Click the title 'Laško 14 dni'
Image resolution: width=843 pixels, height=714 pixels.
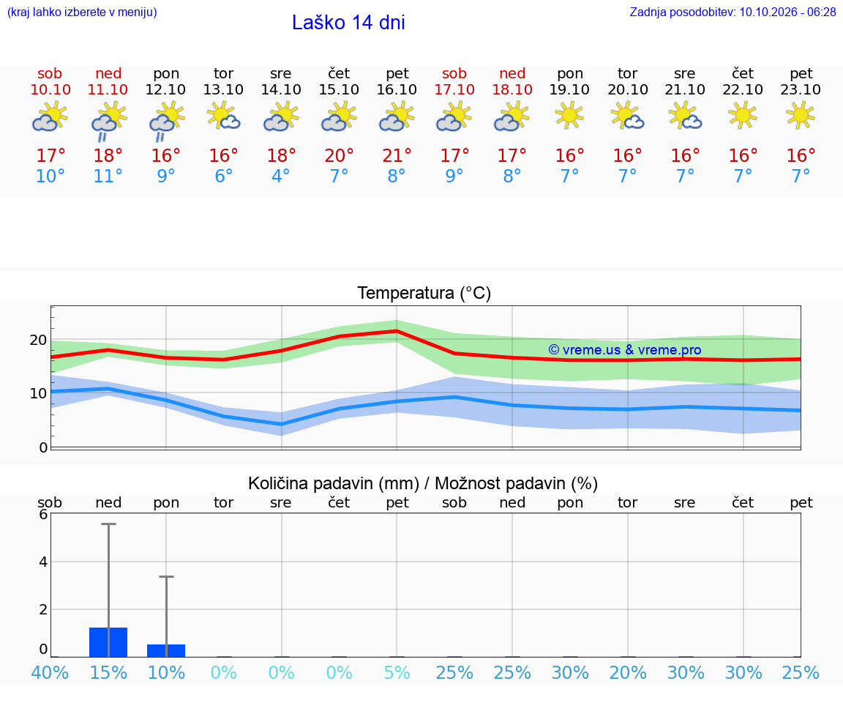[x=348, y=23]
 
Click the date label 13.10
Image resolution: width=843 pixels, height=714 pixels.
[x=223, y=89]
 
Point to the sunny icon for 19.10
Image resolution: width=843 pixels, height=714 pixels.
[x=569, y=116]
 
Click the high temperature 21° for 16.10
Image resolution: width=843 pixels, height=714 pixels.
[x=397, y=155]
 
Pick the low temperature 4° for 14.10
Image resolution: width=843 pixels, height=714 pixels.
[x=281, y=176]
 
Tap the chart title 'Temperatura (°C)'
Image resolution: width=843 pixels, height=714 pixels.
[x=424, y=293]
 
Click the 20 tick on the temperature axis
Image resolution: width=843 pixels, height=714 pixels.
[x=39, y=340]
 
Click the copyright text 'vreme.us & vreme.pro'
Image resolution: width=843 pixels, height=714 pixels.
[x=632, y=350]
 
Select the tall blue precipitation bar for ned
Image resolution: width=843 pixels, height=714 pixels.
[x=108, y=642]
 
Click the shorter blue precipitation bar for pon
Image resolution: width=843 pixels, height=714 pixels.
[x=166, y=650]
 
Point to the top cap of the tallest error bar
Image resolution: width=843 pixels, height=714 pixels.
[x=108, y=524]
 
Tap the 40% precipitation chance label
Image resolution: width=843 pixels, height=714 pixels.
[x=50, y=672]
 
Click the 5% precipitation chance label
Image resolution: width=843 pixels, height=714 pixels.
[x=397, y=672]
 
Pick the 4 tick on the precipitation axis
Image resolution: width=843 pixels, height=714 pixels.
[x=43, y=562]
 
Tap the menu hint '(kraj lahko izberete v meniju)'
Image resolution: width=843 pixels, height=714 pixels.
[x=82, y=12]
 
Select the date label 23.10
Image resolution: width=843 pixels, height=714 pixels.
[x=801, y=89]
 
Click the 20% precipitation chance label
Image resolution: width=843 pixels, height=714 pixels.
[x=627, y=672]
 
